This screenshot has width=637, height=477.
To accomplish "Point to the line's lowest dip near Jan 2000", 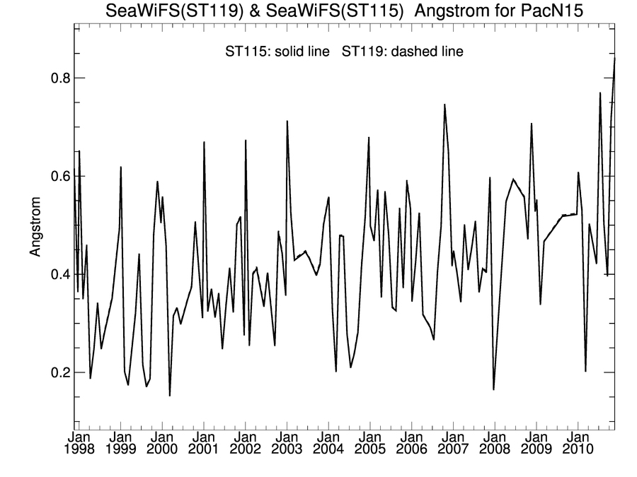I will click(170, 395).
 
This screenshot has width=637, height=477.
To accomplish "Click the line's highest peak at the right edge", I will click(614, 59).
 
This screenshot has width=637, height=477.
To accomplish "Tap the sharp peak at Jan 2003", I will click(287, 122).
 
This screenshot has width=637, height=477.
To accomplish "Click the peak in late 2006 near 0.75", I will click(444, 105).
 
